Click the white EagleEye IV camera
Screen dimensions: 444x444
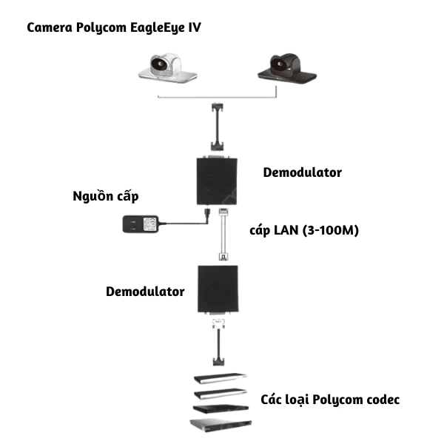point(169,67)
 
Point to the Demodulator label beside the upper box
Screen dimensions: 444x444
point(302,172)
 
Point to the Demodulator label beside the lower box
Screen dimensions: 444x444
point(144,292)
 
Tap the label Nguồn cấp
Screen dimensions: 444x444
point(106,196)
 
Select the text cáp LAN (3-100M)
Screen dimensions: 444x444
point(303,230)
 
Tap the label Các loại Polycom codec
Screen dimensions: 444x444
point(330,400)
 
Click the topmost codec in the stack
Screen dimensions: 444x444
point(219,377)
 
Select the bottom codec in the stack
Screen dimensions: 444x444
point(219,425)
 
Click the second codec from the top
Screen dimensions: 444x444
point(219,393)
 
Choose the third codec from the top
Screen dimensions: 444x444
point(219,408)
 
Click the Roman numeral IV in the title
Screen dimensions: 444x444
point(194,28)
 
